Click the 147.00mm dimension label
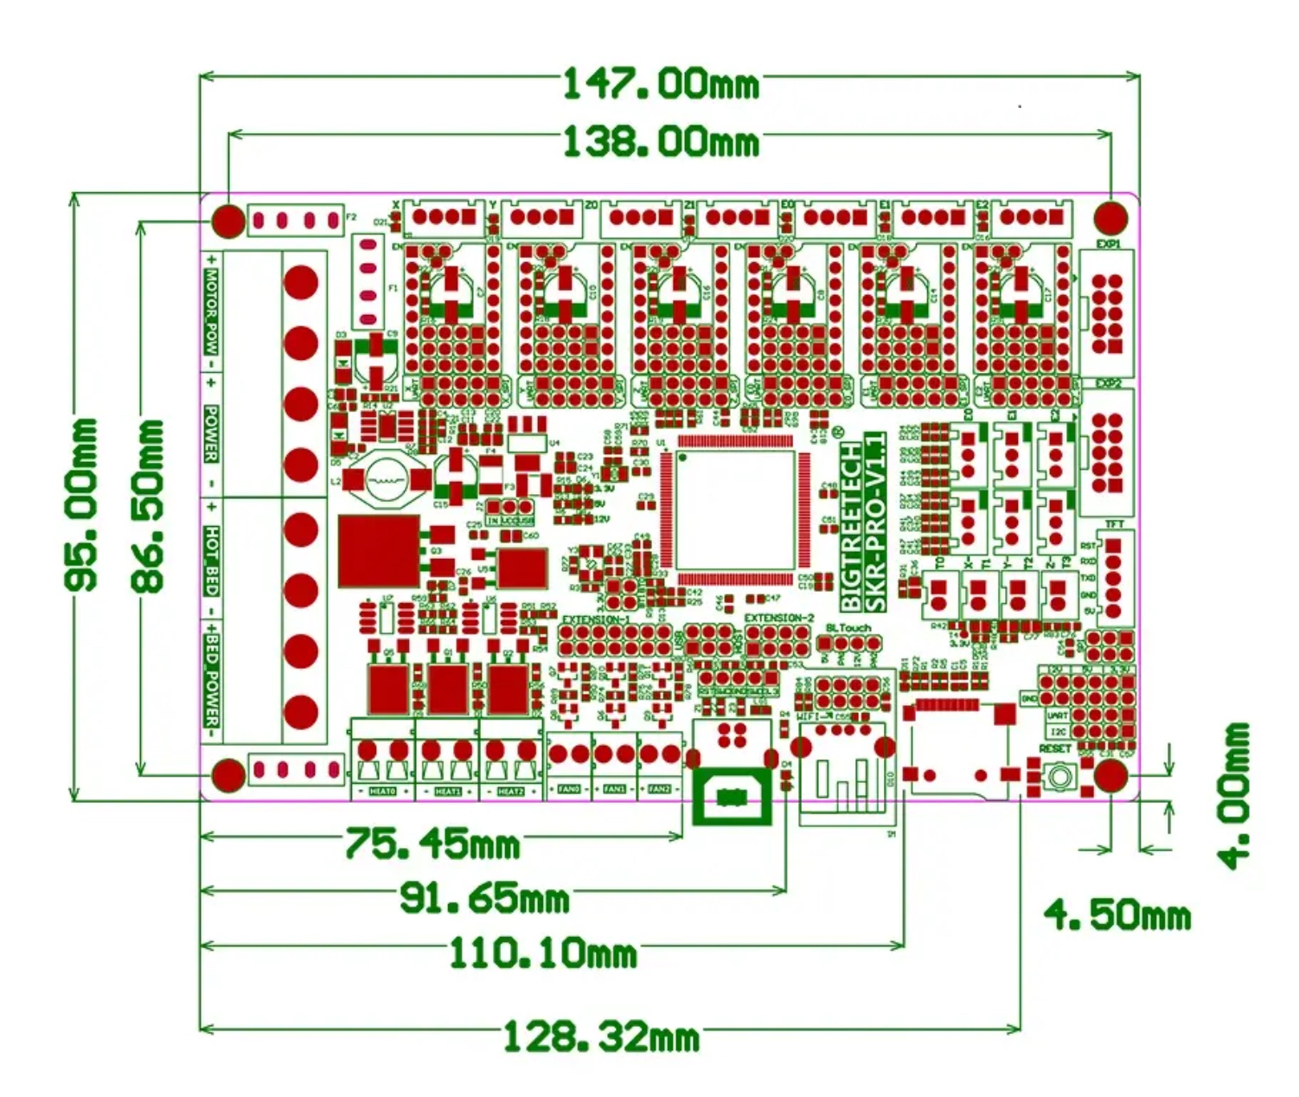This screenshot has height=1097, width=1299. click(661, 84)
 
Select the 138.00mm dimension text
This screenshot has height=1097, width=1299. click(661, 142)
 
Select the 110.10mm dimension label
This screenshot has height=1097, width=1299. click(542, 954)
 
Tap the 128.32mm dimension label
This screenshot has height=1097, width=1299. click(600, 1036)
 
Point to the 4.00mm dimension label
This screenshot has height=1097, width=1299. click(1232, 794)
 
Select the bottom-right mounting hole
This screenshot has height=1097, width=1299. click(1110, 777)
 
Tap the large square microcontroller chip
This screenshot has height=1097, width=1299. click(735, 511)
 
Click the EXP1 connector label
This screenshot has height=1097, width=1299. click(1108, 244)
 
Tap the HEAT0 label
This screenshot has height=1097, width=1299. click(382, 792)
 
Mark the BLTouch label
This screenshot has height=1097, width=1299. click(848, 628)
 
